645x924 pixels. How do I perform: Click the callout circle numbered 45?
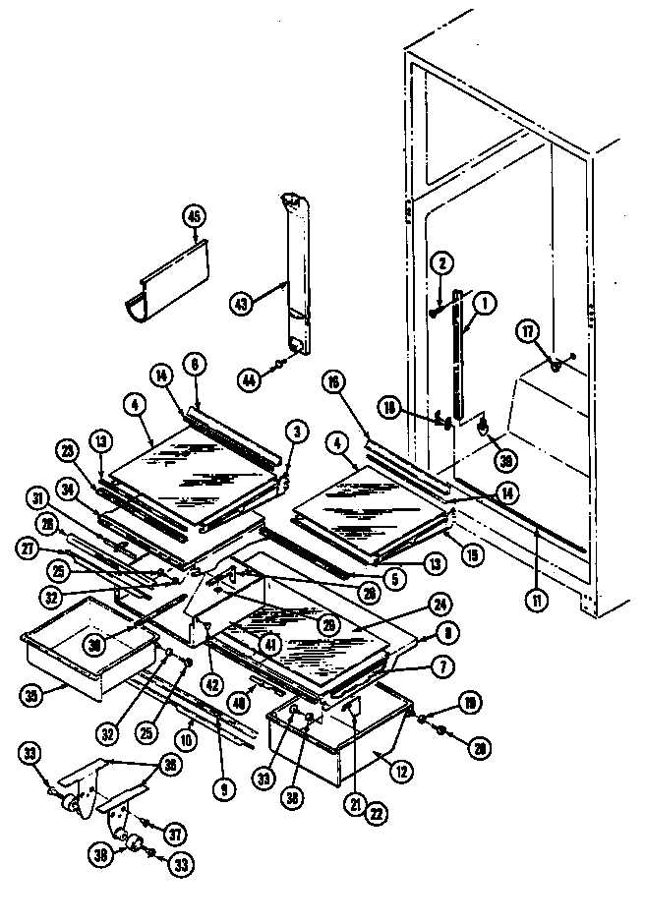pos(195,217)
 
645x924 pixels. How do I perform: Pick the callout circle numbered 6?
pos(195,362)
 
